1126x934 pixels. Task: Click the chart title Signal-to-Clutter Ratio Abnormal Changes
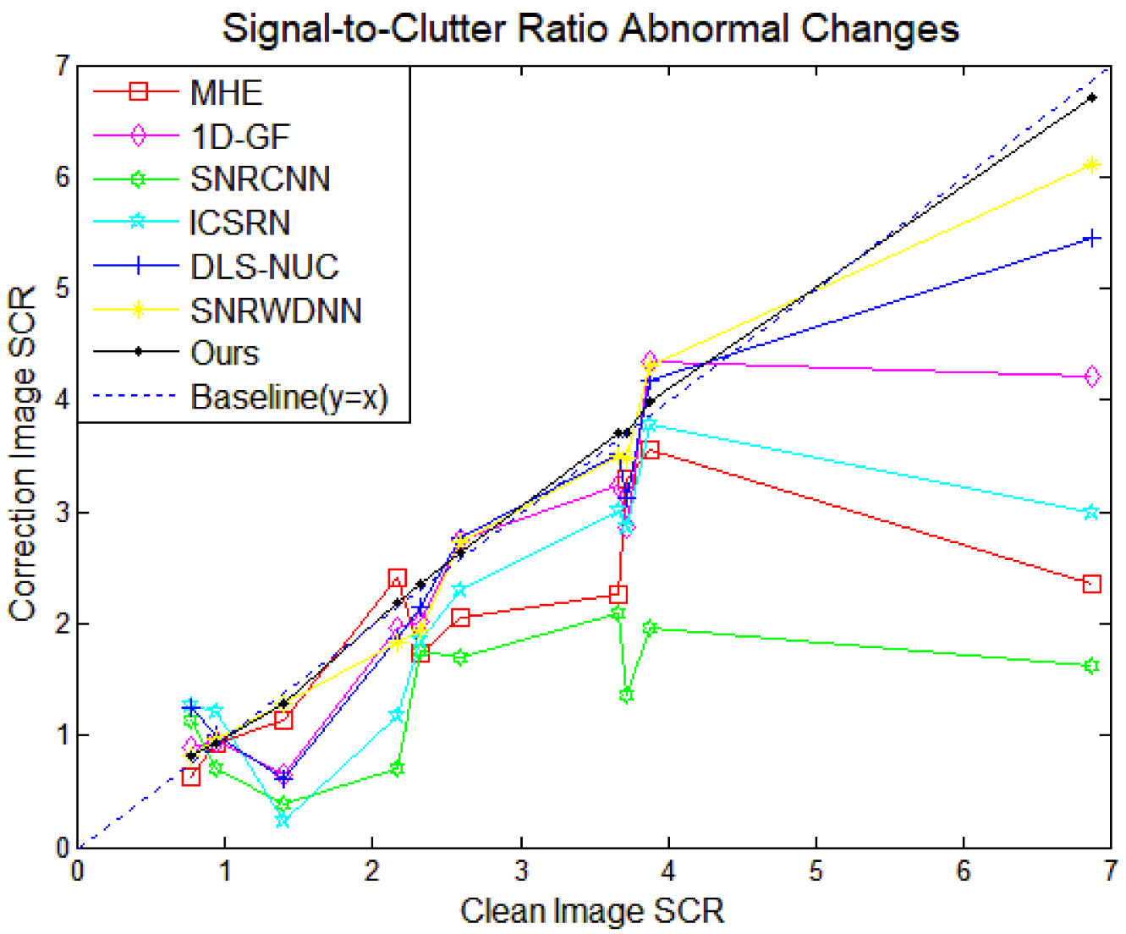590,28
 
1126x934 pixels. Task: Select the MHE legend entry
226,92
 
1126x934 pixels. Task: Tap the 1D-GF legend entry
239,136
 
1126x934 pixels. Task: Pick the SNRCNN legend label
260,179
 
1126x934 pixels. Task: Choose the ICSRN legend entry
240,223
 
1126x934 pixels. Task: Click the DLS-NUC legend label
264,266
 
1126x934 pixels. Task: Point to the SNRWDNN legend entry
276,310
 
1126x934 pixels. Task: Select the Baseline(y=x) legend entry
288,397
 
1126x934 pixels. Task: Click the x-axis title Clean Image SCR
591,911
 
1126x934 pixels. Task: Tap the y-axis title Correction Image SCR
23,454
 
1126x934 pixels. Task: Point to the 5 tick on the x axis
816,871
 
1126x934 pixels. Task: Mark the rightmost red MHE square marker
1091,584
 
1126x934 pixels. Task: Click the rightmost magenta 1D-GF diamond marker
1091,376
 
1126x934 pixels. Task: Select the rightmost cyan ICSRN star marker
1091,513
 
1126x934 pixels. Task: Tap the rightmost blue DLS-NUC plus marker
1091,239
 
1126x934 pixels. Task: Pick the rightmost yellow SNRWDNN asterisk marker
1091,165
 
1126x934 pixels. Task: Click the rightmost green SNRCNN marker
1091,666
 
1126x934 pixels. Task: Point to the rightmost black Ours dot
1091,98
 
